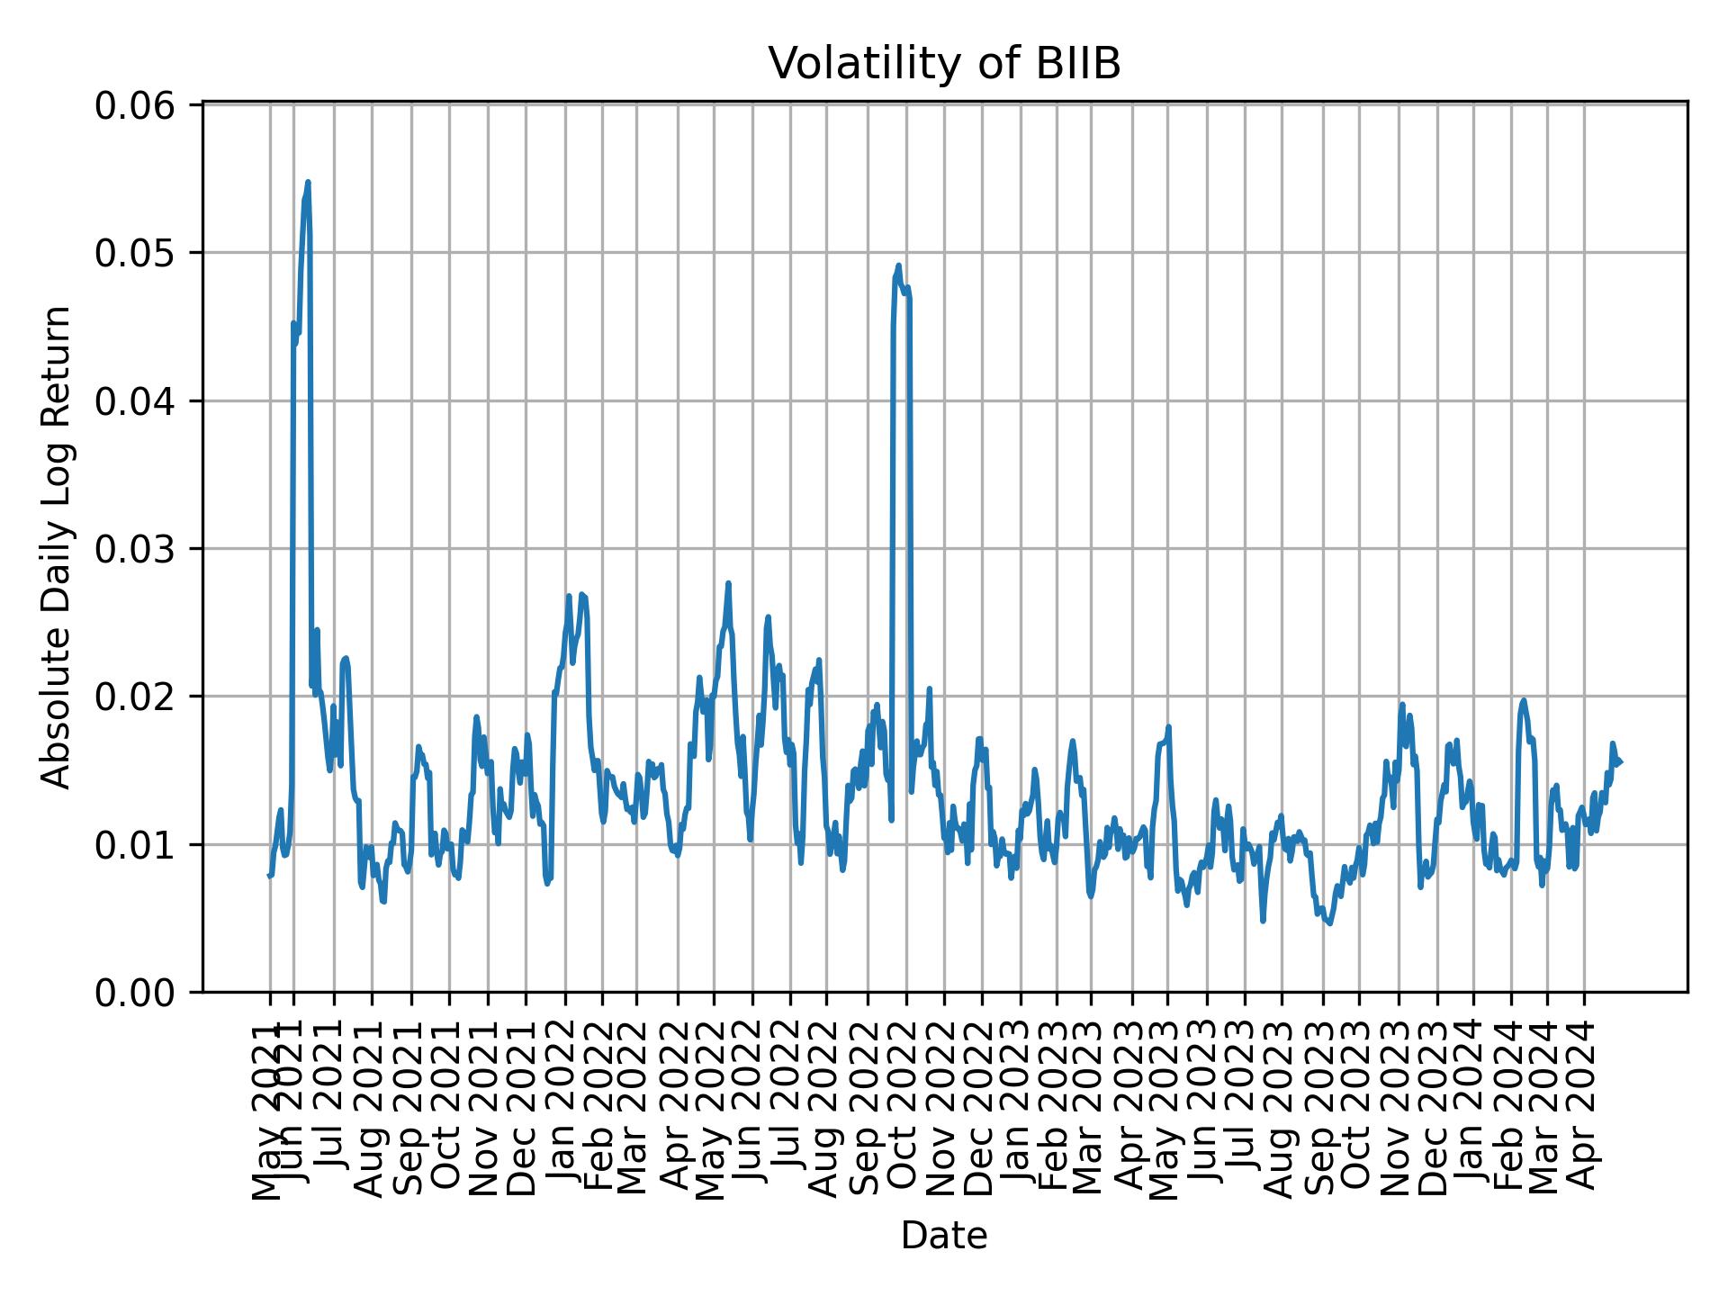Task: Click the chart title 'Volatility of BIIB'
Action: [944, 64]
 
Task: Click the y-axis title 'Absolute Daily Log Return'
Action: [58, 548]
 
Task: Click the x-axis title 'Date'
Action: [944, 1236]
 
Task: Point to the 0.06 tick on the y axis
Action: [135, 105]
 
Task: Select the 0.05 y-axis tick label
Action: [135, 253]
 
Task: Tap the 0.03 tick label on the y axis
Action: [135, 548]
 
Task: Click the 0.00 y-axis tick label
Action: [135, 992]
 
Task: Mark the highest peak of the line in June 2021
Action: [308, 182]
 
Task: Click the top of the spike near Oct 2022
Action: [898, 265]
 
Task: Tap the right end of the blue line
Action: [1620, 763]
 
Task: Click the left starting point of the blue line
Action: [269, 875]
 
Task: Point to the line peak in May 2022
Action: [728, 583]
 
